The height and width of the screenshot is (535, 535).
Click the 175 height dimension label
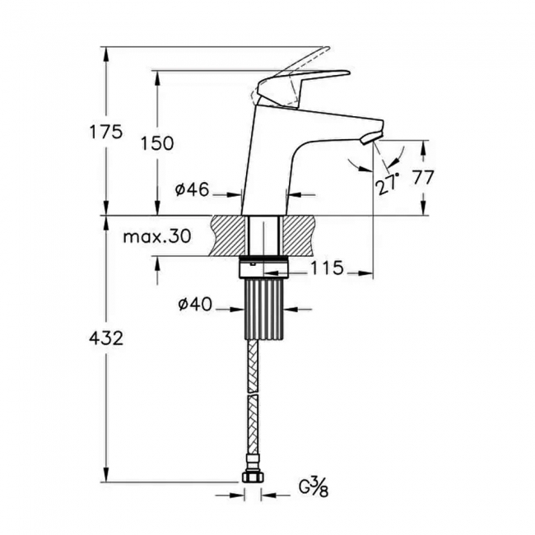(107, 132)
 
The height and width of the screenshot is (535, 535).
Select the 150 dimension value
(157, 143)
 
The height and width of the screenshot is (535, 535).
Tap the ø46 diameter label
(191, 191)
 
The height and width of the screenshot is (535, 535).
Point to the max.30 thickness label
(156, 237)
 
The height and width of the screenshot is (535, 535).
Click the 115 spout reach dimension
(328, 269)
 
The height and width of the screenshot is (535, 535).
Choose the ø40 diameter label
(195, 305)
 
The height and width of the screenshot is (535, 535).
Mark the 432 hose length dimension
(107, 337)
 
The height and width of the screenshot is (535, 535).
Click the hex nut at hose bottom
(253, 477)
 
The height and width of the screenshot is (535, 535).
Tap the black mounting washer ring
(264, 267)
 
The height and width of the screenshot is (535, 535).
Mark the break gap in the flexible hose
(254, 396)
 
